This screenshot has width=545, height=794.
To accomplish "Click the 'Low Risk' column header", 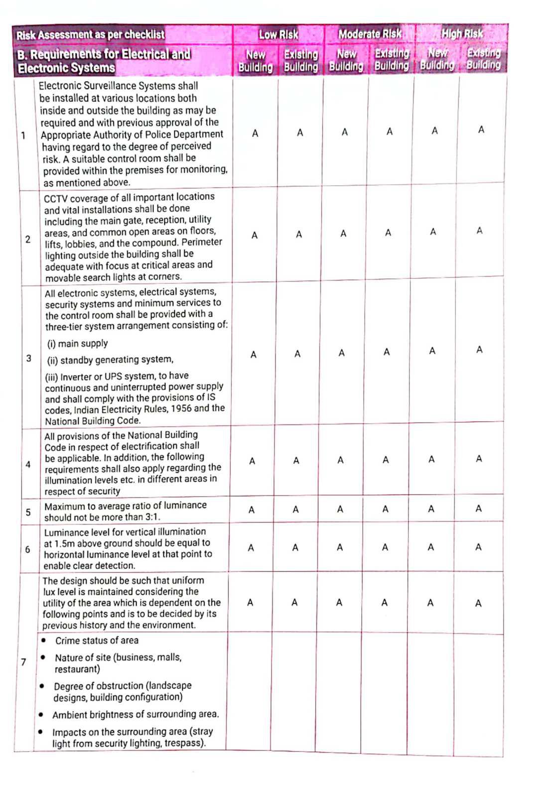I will [278, 34].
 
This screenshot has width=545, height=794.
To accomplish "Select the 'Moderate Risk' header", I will [370, 34].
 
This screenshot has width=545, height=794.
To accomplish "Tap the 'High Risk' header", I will [462, 34].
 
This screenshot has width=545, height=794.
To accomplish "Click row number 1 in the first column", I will [23, 135].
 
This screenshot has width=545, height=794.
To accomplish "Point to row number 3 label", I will [28, 358].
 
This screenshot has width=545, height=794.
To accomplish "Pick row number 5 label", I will [28, 512].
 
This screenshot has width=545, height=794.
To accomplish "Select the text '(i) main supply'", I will [77, 343].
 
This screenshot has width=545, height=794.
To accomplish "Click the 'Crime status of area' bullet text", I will [97, 641].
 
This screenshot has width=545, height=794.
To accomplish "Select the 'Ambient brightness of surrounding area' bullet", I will [136, 714].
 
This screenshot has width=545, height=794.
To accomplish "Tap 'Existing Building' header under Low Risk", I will [300, 61].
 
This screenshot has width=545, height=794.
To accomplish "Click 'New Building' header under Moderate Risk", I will [346, 60].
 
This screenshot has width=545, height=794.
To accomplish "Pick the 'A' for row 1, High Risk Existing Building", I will [481, 130].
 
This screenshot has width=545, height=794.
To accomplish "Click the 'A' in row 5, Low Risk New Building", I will [252, 510].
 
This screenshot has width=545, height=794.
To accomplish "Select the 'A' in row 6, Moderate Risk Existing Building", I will [385, 547].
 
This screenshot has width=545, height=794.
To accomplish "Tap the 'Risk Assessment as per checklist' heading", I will [90, 35].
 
